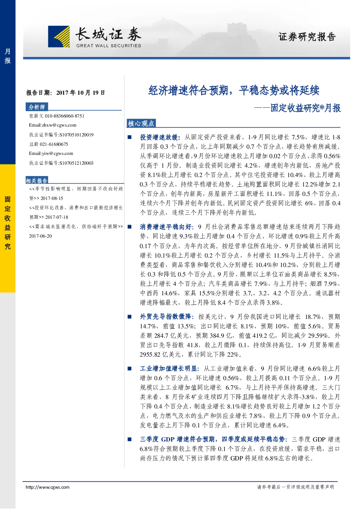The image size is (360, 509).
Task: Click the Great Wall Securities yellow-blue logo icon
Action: [59, 37]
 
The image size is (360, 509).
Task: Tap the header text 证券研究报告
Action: [307, 37]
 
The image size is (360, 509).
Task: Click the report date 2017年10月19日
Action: [81, 93]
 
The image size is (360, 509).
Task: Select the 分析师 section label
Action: [37, 107]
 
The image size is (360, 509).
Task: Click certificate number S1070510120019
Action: [76, 135]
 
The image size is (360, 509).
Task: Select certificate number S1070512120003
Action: [76, 163]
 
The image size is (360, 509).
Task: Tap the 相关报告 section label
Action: [37, 181]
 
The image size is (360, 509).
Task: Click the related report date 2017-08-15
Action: [52, 198]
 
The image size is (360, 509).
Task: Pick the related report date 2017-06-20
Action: [40, 236]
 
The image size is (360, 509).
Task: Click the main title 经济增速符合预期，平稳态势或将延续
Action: [234, 90]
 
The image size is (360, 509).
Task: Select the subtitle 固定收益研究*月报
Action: [306, 108]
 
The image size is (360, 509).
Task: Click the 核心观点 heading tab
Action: [141, 123]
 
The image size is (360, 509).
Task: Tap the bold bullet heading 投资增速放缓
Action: [159, 137]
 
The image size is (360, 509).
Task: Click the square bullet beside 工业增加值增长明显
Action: [130, 369]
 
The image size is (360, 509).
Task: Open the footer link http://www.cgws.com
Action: [48, 487]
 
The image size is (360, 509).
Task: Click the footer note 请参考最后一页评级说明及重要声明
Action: [295, 487]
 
